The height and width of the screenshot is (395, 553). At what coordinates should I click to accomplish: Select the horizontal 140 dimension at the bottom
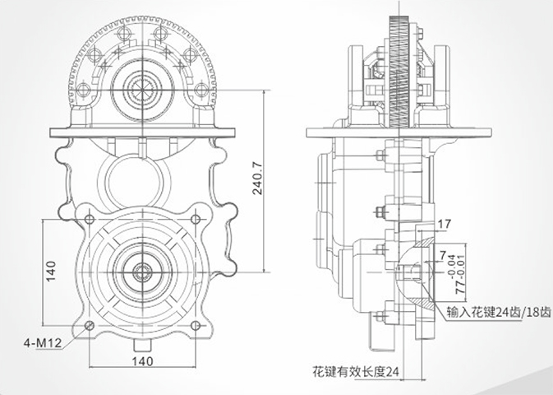coord(142,360)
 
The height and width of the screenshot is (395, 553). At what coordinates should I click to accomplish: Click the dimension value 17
coord(445,222)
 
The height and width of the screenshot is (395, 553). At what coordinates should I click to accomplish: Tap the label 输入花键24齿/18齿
coord(499,313)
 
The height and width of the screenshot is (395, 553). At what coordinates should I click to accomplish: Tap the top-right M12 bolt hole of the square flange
coord(196,219)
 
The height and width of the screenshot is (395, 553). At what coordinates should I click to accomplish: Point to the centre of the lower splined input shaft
coord(143,272)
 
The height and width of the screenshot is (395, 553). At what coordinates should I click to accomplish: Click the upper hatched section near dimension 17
coord(420,239)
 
